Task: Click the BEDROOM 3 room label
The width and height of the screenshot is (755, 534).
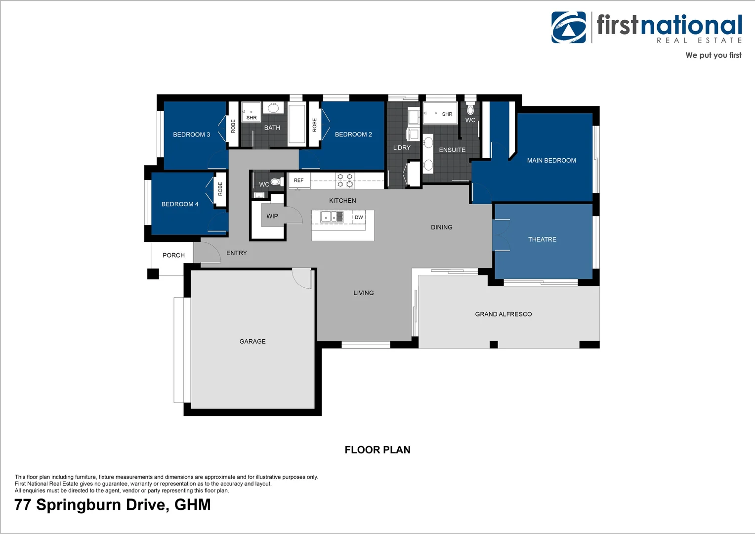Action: point(191,134)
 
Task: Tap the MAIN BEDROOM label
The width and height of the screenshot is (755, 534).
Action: point(551,161)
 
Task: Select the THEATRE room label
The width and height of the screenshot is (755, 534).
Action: point(542,239)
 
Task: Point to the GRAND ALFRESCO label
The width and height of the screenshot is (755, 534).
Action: point(503,314)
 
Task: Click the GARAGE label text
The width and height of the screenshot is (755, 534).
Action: point(252,341)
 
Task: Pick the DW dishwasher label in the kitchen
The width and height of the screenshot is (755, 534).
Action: point(359,218)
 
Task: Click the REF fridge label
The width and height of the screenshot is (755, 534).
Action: point(298,180)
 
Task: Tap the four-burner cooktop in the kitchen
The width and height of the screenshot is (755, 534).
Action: point(345,180)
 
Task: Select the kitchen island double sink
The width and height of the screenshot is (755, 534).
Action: point(332,217)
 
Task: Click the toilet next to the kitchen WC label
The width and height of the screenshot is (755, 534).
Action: point(276,182)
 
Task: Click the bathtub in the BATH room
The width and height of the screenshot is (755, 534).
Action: point(296,124)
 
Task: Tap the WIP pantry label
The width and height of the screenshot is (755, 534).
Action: point(272,216)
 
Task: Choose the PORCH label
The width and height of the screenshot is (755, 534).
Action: point(173,255)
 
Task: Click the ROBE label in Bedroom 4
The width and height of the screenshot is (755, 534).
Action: point(220,189)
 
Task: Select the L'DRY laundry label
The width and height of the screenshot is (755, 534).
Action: point(402,148)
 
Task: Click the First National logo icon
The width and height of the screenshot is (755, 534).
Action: point(569,28)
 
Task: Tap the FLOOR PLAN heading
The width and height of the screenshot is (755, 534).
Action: point(377,450)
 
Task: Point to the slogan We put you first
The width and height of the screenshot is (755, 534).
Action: point(713,55)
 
